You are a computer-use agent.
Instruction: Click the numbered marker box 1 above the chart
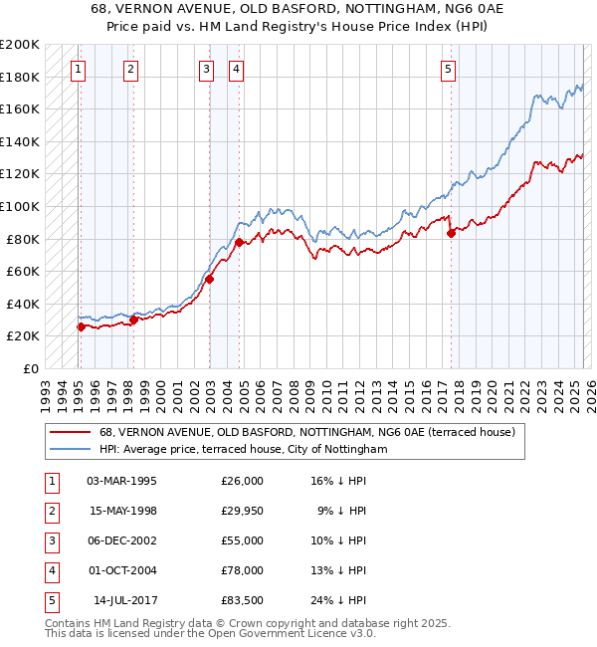(78, 69)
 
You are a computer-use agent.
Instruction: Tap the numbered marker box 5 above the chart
(449, 69)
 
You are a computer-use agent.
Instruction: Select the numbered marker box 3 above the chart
(205, 69)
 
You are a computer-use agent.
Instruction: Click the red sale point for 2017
(452, 233)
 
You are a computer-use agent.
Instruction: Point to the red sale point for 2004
(240, 242)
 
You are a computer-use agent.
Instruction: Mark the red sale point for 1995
(81, 326)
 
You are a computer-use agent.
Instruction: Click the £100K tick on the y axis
(20, 206)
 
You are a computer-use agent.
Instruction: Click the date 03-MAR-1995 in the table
(122, 481)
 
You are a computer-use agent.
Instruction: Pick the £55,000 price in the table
(242, 540)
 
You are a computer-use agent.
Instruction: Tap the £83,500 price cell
(242, 600)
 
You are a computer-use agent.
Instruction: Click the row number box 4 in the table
(50, 570)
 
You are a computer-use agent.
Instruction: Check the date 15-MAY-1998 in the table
(122, 511)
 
